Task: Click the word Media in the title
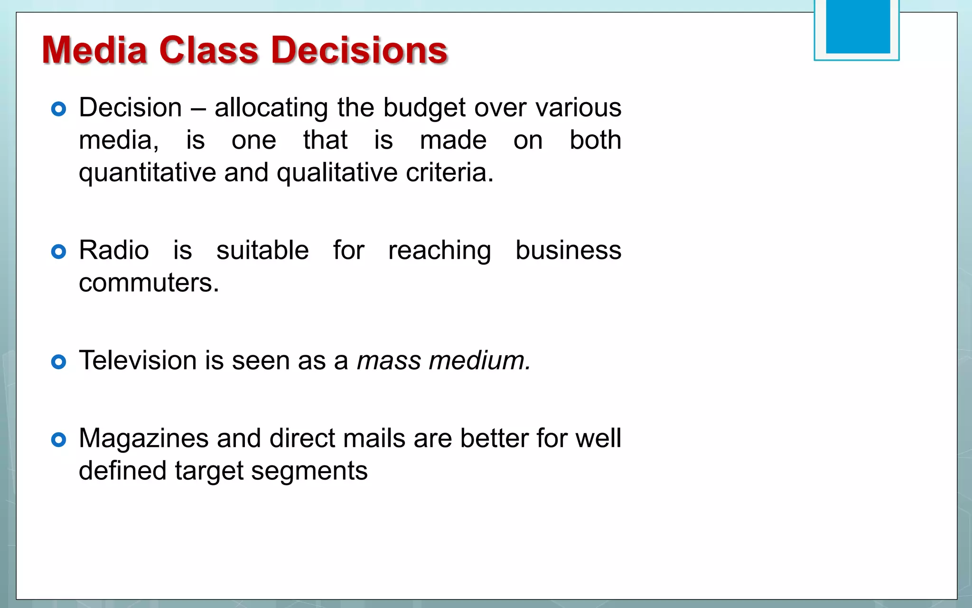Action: coord(94,50)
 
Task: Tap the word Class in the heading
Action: coord(209,50)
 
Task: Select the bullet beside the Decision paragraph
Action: coord(58,109)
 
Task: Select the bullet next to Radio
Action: coord(58,252)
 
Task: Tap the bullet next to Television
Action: coord(58,362)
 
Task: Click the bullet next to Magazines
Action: coord(58,440)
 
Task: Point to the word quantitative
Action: coord(147,173)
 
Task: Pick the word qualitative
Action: coord(337,173)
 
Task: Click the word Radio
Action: coord(114,250)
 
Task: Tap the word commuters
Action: coord(149,283)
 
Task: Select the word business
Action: coord(568,250)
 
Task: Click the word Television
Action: coord(138,361)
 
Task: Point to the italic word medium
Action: coord(479,361)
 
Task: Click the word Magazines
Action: coord(143,438)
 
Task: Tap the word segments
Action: coord(309,471)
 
